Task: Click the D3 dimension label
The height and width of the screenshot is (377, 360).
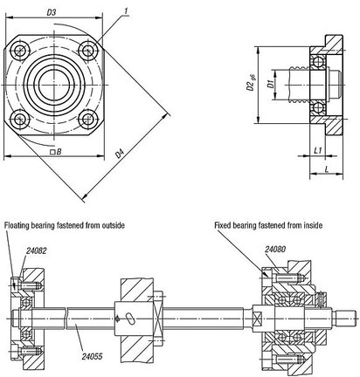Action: coord(52,12)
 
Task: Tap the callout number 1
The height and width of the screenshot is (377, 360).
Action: coord(126,10)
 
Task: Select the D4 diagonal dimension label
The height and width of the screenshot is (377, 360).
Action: coord(120,154)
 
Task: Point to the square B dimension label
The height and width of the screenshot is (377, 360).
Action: coord(56,152)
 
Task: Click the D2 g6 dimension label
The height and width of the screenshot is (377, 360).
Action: coord(251,84)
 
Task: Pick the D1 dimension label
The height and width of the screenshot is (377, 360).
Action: coord(271,84)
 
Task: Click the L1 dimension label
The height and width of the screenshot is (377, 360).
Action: coord(318,150)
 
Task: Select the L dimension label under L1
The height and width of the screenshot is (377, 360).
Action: coord(327,169)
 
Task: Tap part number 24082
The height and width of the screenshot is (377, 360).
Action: coord(36,250)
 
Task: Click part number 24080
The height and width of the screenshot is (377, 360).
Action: coord(275,249)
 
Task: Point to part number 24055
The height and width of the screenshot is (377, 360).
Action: coord(92,356)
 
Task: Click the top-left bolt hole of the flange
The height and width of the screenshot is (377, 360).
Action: coord(19,51)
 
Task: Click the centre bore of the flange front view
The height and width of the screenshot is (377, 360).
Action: coord(54,85)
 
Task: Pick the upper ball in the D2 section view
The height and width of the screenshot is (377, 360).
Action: coord(318,62)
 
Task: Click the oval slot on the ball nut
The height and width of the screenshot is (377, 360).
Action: coord(130,318)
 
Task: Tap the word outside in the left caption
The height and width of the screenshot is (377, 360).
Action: coord(113,225)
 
